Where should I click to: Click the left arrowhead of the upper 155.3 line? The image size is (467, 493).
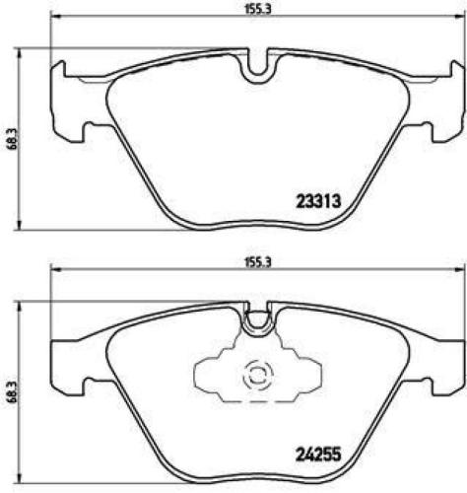55,18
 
